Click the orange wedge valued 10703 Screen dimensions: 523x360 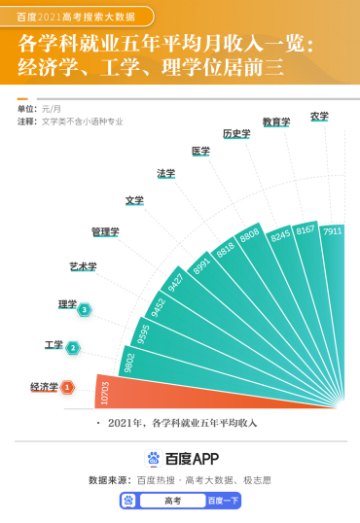pyautogui.click(x=195, y=394)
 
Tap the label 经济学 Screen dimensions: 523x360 pyautogui.click(x=44, y=387)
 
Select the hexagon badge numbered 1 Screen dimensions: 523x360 pyautogui.click(x=67, y=388)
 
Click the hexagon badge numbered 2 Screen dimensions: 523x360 pyautogui.click(x=73, y=347)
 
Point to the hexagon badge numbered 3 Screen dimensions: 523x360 pyautogui.click(x=86, y=309)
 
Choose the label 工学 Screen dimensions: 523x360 pyautogui.click(x=54, y=345)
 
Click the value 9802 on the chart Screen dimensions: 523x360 pyautogui.click(x=128, y=362)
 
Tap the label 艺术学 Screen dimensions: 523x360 pyautogui.click(x=83, y=266)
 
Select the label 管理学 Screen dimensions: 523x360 pyautogui.click(x=105, y=232)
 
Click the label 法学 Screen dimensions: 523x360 pyautogui.click(x=166, y=173)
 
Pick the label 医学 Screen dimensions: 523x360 pyautogui.click(x=200, y=151)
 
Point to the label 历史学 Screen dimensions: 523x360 pyautogui.click(x=236, y=133)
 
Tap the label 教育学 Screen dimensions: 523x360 pyautogui.click(x=276, y=122)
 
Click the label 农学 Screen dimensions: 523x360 pyautogui.click(x=319, y=116)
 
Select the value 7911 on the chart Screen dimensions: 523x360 pyautogui.click(x=333, y=231)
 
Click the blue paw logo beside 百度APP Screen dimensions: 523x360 pyautogui.click(x=153, y=459)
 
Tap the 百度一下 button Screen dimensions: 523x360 pyautogui.click(x=222, y=501)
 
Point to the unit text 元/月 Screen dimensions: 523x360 pyautogui.click(x=53, y=109)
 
